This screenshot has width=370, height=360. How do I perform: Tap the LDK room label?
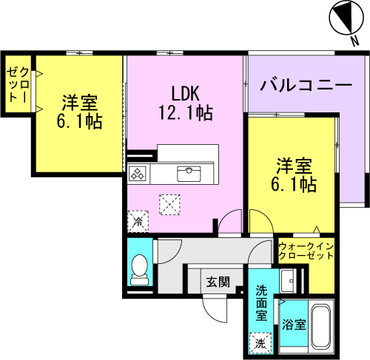click(x=185, y=93)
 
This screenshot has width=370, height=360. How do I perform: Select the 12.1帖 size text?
click(x=186, y=112)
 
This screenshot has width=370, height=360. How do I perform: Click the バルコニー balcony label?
click(x=306, y=85)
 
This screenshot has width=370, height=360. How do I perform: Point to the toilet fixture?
click(x=139, y=270)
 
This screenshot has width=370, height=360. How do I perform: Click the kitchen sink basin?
click(x=189, y=174)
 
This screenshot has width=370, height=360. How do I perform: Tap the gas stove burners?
click(x=137, y=173)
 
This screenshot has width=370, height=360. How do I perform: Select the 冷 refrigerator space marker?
click(x=138, y=222)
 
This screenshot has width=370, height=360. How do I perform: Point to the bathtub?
click(x=321, y=326)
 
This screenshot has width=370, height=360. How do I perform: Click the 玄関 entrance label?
click(x=218, y=282)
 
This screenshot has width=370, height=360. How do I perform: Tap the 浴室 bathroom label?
click(x=294, y=325)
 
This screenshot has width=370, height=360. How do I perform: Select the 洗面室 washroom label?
click(x=261, y=302)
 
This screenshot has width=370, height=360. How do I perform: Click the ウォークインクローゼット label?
click(x=306, y=251)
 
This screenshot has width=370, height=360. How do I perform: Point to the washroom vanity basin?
click(x=288, y=281)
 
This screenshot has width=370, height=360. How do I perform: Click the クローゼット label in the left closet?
click(x=18, y=84)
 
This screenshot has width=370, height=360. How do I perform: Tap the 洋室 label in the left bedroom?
click(x=79, y=102)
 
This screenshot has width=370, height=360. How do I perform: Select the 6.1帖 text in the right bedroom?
click(x=294, y=184)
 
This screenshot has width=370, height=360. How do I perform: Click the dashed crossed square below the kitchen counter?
click(x=169, y=205)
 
